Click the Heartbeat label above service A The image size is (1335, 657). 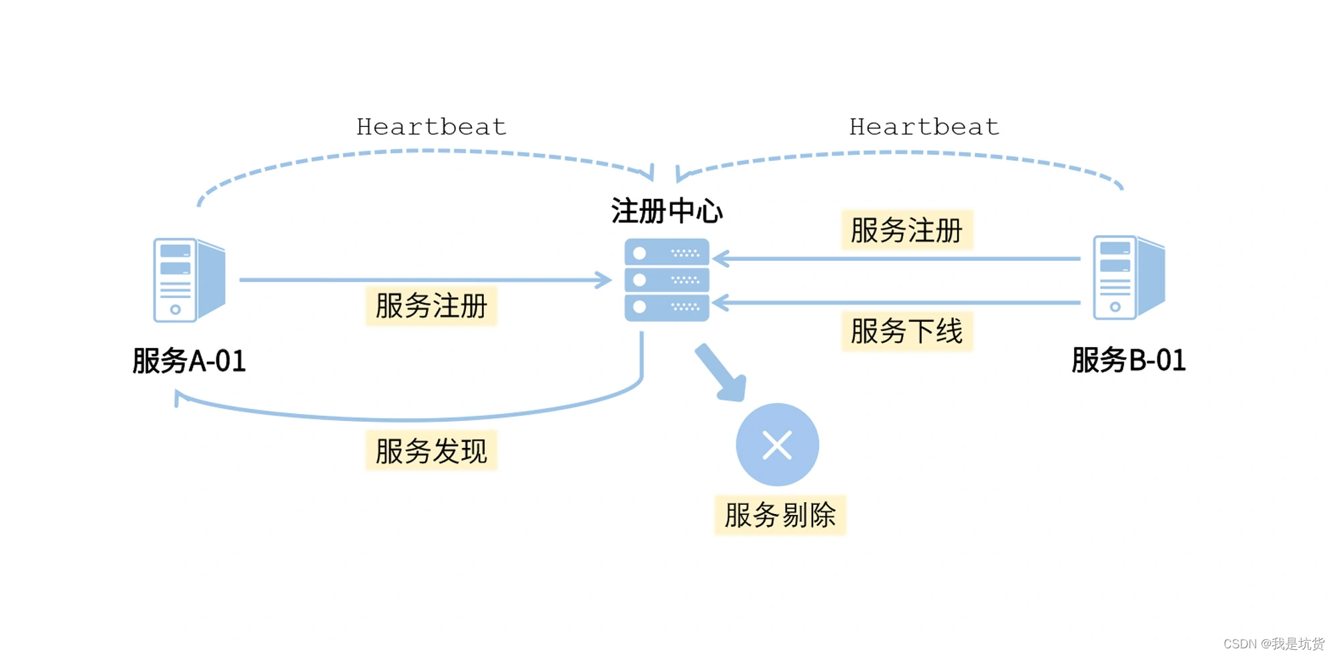(x=431, y=127)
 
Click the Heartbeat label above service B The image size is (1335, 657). (x=924, y=127)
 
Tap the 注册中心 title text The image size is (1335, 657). (x=666, y=211)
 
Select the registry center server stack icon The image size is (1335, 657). (x=666, y=280)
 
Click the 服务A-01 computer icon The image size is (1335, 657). (x=189, y=280)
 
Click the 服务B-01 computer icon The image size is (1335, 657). (x=1128, y=277)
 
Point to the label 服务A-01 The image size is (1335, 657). (x=189, y=361)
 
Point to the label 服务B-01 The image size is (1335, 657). (x=1128, y=360)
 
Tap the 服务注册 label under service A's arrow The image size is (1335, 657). (x=431, y=306)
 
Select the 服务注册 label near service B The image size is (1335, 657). (x=906, y=230)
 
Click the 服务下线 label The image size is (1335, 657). (x=906, y=331)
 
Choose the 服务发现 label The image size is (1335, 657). (x=431, y=451)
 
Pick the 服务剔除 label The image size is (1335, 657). (x=780, y=515)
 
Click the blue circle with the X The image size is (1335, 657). (x=777, y=445)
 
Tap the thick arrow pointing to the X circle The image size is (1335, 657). (x=721, y=373)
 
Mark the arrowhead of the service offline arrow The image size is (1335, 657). (x=720, y=303)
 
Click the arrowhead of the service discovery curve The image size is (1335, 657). (x=179, y=398)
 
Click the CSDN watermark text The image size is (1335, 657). (x=1273, y=643)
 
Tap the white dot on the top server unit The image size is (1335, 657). (x=639, y=253)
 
